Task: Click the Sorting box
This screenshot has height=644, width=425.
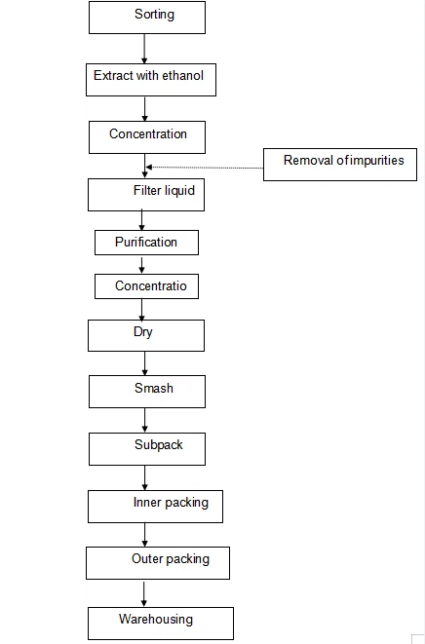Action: tap(146, 17)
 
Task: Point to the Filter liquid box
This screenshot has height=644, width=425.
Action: tap(145, 193)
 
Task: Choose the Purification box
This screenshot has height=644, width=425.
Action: tap(146, 242)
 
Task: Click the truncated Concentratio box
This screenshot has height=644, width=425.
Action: tap(146, 286)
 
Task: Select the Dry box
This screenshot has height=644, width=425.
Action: tap(145, 334)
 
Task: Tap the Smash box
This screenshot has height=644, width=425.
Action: tap(146, 391)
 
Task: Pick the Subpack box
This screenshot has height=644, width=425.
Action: tap(145, 447)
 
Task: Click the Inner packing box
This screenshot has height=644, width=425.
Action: tap(149, 506)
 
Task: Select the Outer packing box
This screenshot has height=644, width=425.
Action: tap(147, 561)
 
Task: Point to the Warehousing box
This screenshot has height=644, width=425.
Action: tap(161, 622)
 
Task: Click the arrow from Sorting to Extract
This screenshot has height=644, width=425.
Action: tap(144, 48)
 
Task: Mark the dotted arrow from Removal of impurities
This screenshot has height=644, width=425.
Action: tap(205, 168)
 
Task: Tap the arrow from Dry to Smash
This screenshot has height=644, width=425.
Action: tap(144, 362)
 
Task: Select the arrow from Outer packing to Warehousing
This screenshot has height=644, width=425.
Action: tap(144, 592)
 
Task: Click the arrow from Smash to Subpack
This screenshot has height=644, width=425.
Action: tap(144, 419)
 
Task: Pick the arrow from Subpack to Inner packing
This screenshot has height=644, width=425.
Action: tap(144, 476)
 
